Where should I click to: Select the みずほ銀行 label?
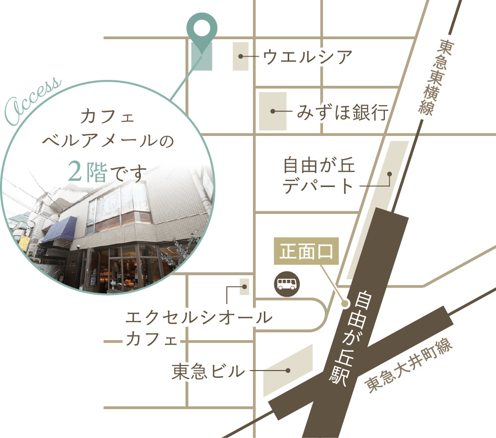pos(342,112)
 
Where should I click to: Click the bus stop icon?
pos(287,284)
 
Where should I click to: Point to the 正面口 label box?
pos(306,252)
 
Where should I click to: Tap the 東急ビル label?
pos(208,371)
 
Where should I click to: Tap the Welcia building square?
pos(241,57)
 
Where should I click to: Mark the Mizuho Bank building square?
pos(273,111)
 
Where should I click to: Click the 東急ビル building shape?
pos(288,370)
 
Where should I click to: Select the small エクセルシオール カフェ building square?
pos(244,287)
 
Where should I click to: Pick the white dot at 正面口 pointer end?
pos(345,304)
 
